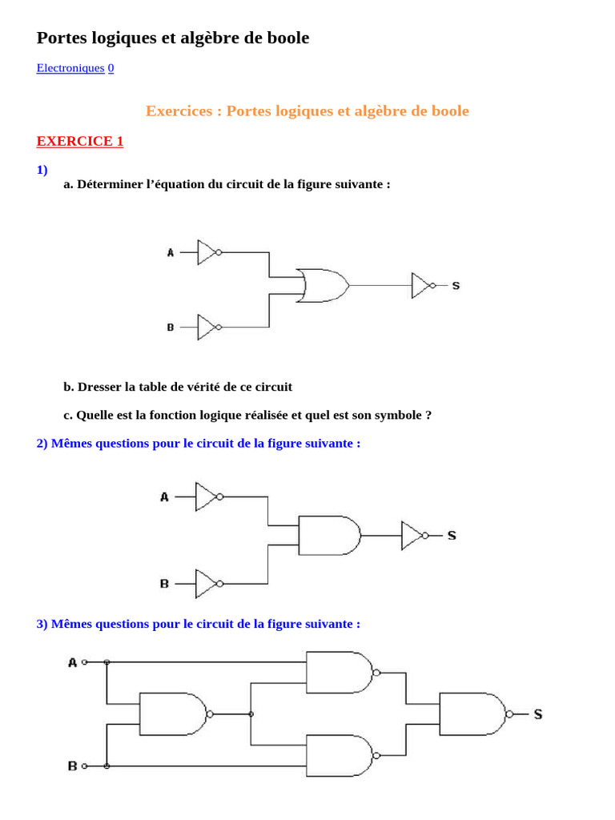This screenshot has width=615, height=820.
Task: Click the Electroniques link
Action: [x=70, y=68]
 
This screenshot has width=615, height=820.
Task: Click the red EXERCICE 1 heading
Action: [x=80, y=142]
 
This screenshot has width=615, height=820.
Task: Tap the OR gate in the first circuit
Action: [x=322, y=285]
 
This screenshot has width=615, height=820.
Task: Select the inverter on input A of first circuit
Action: [x=207, y=252]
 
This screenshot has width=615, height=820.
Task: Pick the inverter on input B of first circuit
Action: [x=207, y=327]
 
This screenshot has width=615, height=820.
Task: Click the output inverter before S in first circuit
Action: [x=422, y=285]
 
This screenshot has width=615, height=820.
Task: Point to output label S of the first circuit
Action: [x=456, y=286]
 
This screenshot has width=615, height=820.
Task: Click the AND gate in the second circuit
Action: [x=328, y=535]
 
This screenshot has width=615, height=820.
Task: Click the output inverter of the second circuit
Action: [x=412, y=535]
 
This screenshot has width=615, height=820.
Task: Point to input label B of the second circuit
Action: [x=164, y=584]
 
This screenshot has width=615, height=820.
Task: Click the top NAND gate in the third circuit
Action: [x=340, y=672]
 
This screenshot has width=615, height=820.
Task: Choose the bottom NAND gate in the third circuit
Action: [x=340, y=754]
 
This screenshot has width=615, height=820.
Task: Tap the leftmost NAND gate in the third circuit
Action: [x=174, y=713]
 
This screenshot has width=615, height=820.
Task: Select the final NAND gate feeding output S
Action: [x=472, y=714]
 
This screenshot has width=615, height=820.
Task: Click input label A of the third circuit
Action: [x=72, y=662]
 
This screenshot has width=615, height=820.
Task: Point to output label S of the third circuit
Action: [x=538, y=714]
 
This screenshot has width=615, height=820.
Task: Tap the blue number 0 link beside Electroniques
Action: [x=111, y=68]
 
